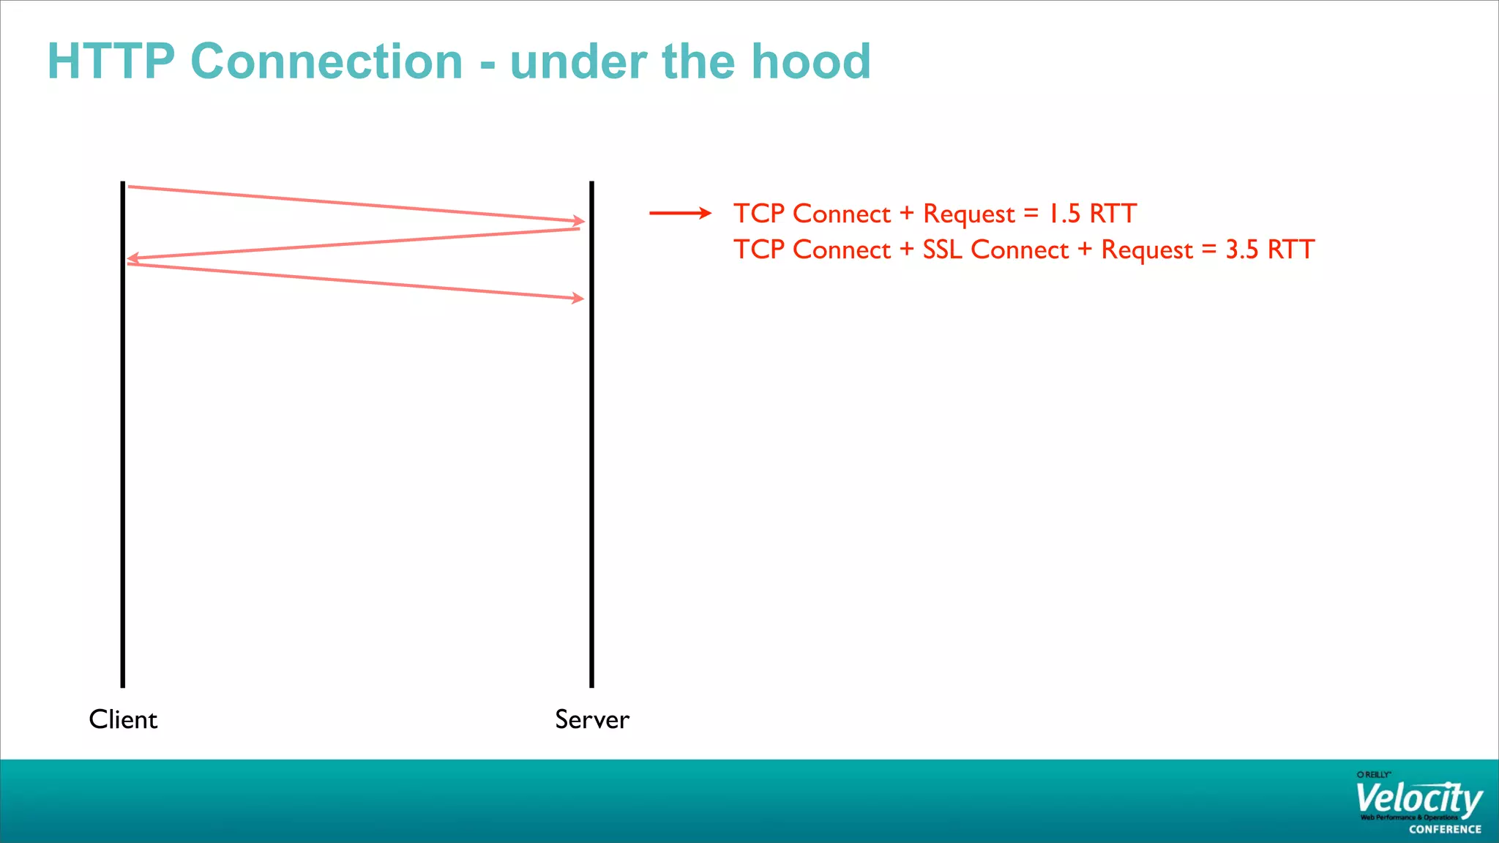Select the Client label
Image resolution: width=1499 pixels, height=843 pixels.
pos(123,719)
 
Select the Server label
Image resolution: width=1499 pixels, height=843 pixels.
pos(591,719)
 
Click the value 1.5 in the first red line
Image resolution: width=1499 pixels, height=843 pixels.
pos(1063,214)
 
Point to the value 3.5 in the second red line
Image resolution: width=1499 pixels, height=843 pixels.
pos(1241,250)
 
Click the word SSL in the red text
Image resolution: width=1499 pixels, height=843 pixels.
pos(941,250)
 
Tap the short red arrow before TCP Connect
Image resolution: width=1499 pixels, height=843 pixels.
pos(680,213)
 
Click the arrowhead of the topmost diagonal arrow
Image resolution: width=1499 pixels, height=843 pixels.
pos(579,220)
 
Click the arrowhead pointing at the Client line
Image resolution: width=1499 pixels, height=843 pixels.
pos(132,258)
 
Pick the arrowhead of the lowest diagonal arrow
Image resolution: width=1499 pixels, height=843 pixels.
pos(578,298)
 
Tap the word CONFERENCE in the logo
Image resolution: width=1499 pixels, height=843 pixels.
pos(1445,829)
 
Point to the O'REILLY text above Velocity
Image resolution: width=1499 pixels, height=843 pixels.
pos(1373,774)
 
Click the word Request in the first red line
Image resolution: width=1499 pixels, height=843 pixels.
pos(968,214)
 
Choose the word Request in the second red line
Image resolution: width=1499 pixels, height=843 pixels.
pos(1147,250)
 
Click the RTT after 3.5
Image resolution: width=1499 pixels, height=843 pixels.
pos(1291,250)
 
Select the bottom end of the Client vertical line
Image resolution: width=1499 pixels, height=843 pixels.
pos(123,684)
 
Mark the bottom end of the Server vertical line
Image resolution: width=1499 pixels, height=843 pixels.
pos(591,684)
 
